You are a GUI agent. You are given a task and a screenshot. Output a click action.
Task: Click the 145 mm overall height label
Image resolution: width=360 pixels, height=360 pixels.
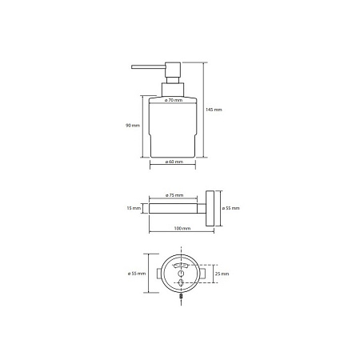[214, 110]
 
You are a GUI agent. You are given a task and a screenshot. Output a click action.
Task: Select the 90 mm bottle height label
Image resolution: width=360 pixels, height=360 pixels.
[133, 125]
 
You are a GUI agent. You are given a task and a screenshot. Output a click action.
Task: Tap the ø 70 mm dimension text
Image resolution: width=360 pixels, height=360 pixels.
[174, 100]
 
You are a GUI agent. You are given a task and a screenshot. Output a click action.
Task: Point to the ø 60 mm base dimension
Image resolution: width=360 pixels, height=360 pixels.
[174, 162]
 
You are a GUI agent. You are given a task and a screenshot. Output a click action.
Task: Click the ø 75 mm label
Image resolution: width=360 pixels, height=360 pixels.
[174, 195]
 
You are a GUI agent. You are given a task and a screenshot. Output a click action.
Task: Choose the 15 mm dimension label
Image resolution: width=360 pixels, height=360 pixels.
[134, 208]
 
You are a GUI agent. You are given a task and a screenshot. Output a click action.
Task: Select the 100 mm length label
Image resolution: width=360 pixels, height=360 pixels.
[182, 228]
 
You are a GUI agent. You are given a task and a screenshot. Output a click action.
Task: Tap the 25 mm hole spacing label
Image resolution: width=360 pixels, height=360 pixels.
[222, 274]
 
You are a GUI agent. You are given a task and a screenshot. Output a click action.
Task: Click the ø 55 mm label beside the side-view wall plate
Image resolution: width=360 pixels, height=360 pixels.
[230, 208]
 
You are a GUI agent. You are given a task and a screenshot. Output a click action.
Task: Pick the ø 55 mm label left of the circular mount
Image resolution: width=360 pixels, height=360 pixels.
[137, 274]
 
